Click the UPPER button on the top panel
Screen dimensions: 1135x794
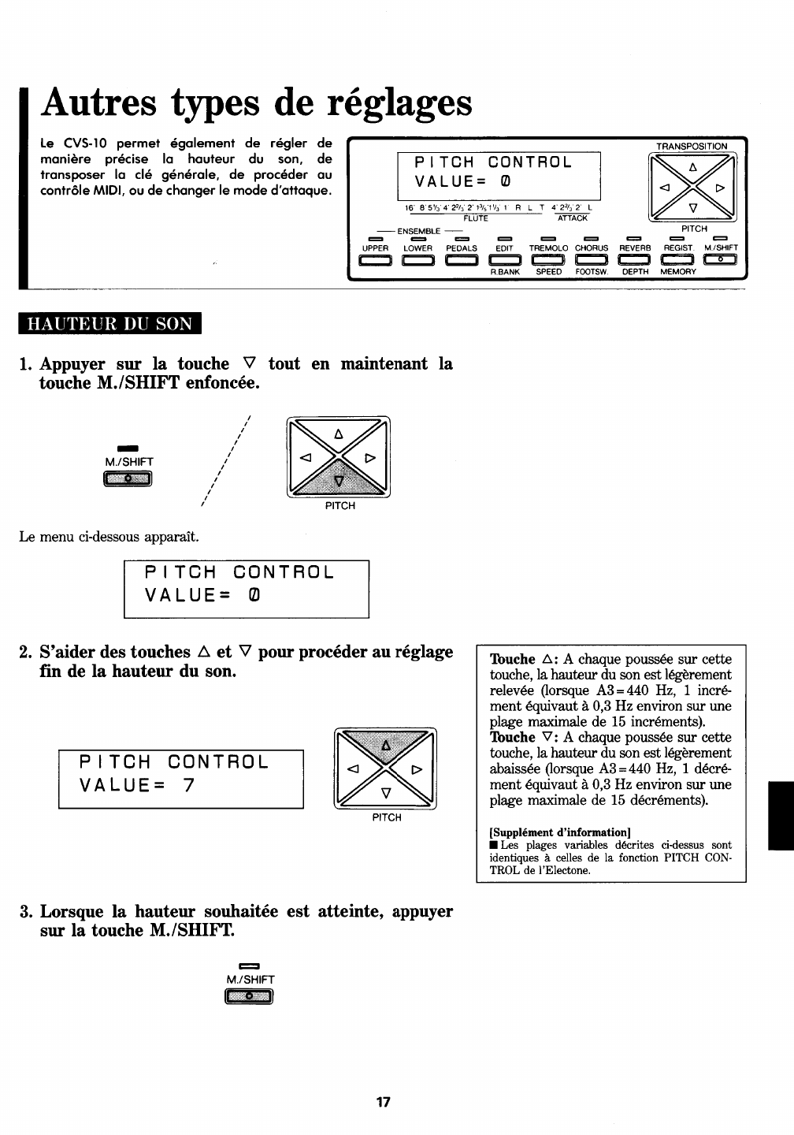point(375,261)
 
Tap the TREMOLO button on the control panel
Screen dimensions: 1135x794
point(548,261)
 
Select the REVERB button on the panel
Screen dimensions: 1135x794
point(635,261)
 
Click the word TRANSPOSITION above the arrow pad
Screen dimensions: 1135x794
point(692,146)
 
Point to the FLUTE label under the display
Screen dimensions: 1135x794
point(476,218)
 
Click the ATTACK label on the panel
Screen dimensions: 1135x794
point(573,218)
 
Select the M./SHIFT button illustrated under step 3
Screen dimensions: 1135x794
point(249,997)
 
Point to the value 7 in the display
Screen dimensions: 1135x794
point(188,785)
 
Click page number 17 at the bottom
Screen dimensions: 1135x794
point(384,1102)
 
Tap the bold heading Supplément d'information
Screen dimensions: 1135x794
point(560,832)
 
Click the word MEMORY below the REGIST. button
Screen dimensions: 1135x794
point(678,272)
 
